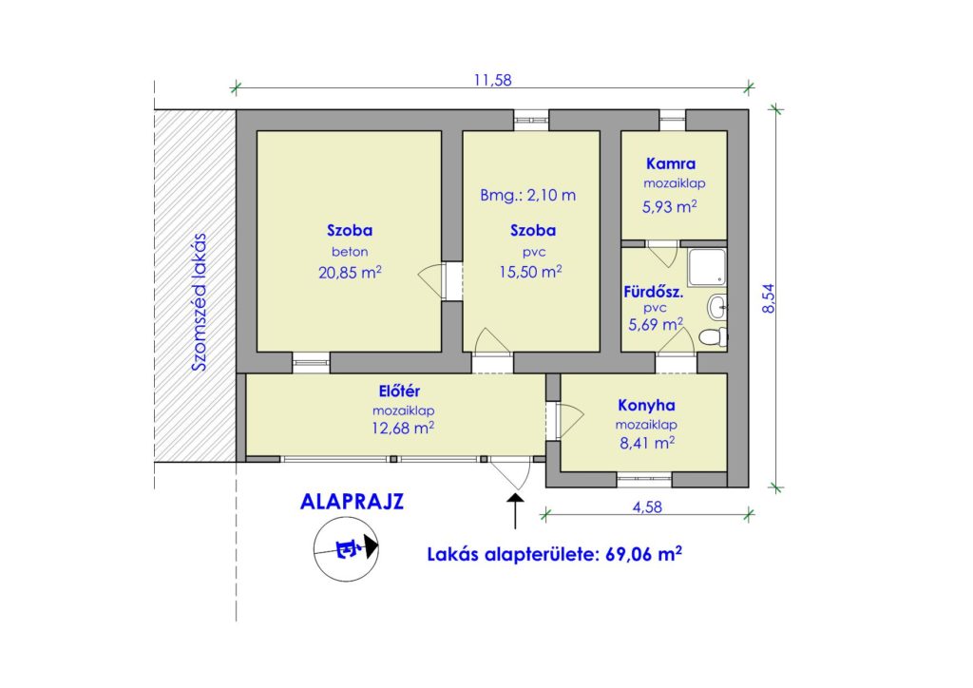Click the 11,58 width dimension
click(493, 80)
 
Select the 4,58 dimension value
click(647, 506)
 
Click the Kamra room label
click(671, 163)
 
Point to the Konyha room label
click(646, 405)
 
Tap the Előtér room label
click(400, 391)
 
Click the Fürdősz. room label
click(654, 292)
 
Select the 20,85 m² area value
click(350, 272)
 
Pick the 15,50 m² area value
click(530, 271)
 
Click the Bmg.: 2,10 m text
click(528, 196)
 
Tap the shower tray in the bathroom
click(707, 267)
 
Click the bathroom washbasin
click(717, 306)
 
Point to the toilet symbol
click(714, 336)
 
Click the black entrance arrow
click(515, 511)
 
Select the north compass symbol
click(346, 548)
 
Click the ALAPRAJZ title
click(352, 501)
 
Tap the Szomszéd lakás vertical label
click(199, 302)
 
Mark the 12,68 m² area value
click(403, 428)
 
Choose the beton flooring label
click(350, 252)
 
